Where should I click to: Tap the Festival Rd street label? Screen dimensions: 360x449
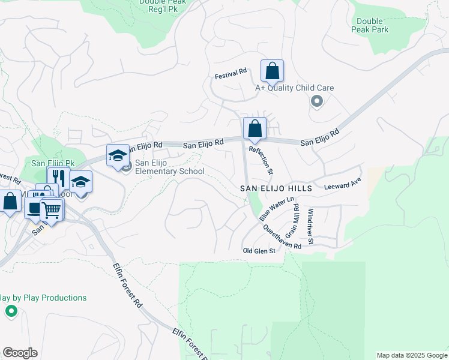(x=231, y=71)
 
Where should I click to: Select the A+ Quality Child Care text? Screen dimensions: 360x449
(x=294, y=88)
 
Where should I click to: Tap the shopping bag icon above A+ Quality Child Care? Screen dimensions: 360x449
(x=272, y=71)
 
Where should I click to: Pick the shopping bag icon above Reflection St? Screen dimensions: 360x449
(x=255, y=128)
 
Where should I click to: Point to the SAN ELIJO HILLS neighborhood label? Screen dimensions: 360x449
(x=276, y=188)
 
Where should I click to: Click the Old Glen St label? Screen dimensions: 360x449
(x=259, y=251)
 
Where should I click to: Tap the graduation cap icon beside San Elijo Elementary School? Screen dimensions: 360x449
(x=118, y=156)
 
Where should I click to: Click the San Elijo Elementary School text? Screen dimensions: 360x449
(x=169, y=167)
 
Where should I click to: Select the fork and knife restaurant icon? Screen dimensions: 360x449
(x=58, y=178)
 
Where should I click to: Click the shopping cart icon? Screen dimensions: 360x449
(x=52, y=210)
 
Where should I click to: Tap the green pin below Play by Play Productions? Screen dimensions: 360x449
(x=11, y=311)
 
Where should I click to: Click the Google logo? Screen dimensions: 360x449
(x=20, y=353)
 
